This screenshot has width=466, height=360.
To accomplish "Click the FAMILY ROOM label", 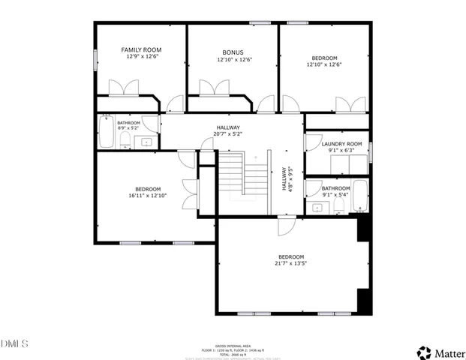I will pyautogui.click(x=143, y=49).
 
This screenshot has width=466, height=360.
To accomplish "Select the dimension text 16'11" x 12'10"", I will pyautogui.click(x=148, y=196).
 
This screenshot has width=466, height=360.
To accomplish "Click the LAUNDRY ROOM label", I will pyautogui.click(x=341, y=143).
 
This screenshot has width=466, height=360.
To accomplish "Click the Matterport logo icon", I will pyautogui.click(x=425, y=351).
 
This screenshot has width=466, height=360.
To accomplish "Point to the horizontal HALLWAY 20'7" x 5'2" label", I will pyautogui.click(x=229, y=127).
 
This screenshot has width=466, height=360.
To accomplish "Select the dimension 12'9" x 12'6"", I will pyautogui.click(x=143, y=56).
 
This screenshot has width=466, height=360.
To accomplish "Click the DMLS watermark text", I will pyautogui.click(x=14, y=343).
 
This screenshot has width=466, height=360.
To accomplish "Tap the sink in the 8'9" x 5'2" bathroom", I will pyautogui.click(x=147, y=140).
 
